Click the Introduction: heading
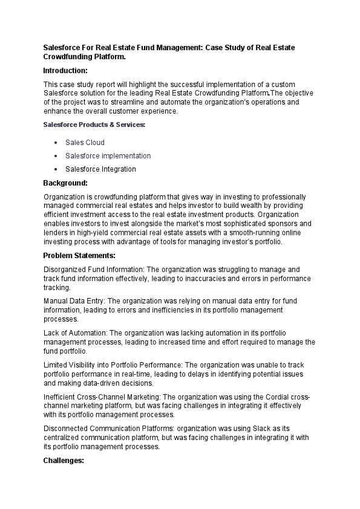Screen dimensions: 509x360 65,71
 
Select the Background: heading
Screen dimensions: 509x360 65,183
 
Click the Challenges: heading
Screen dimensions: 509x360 64,461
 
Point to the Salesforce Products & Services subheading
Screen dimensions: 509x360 94,125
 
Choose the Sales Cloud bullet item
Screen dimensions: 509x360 85,143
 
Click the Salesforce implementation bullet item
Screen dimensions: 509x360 108,156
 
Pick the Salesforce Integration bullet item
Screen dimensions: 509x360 100,169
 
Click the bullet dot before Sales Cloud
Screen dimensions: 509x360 56,143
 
